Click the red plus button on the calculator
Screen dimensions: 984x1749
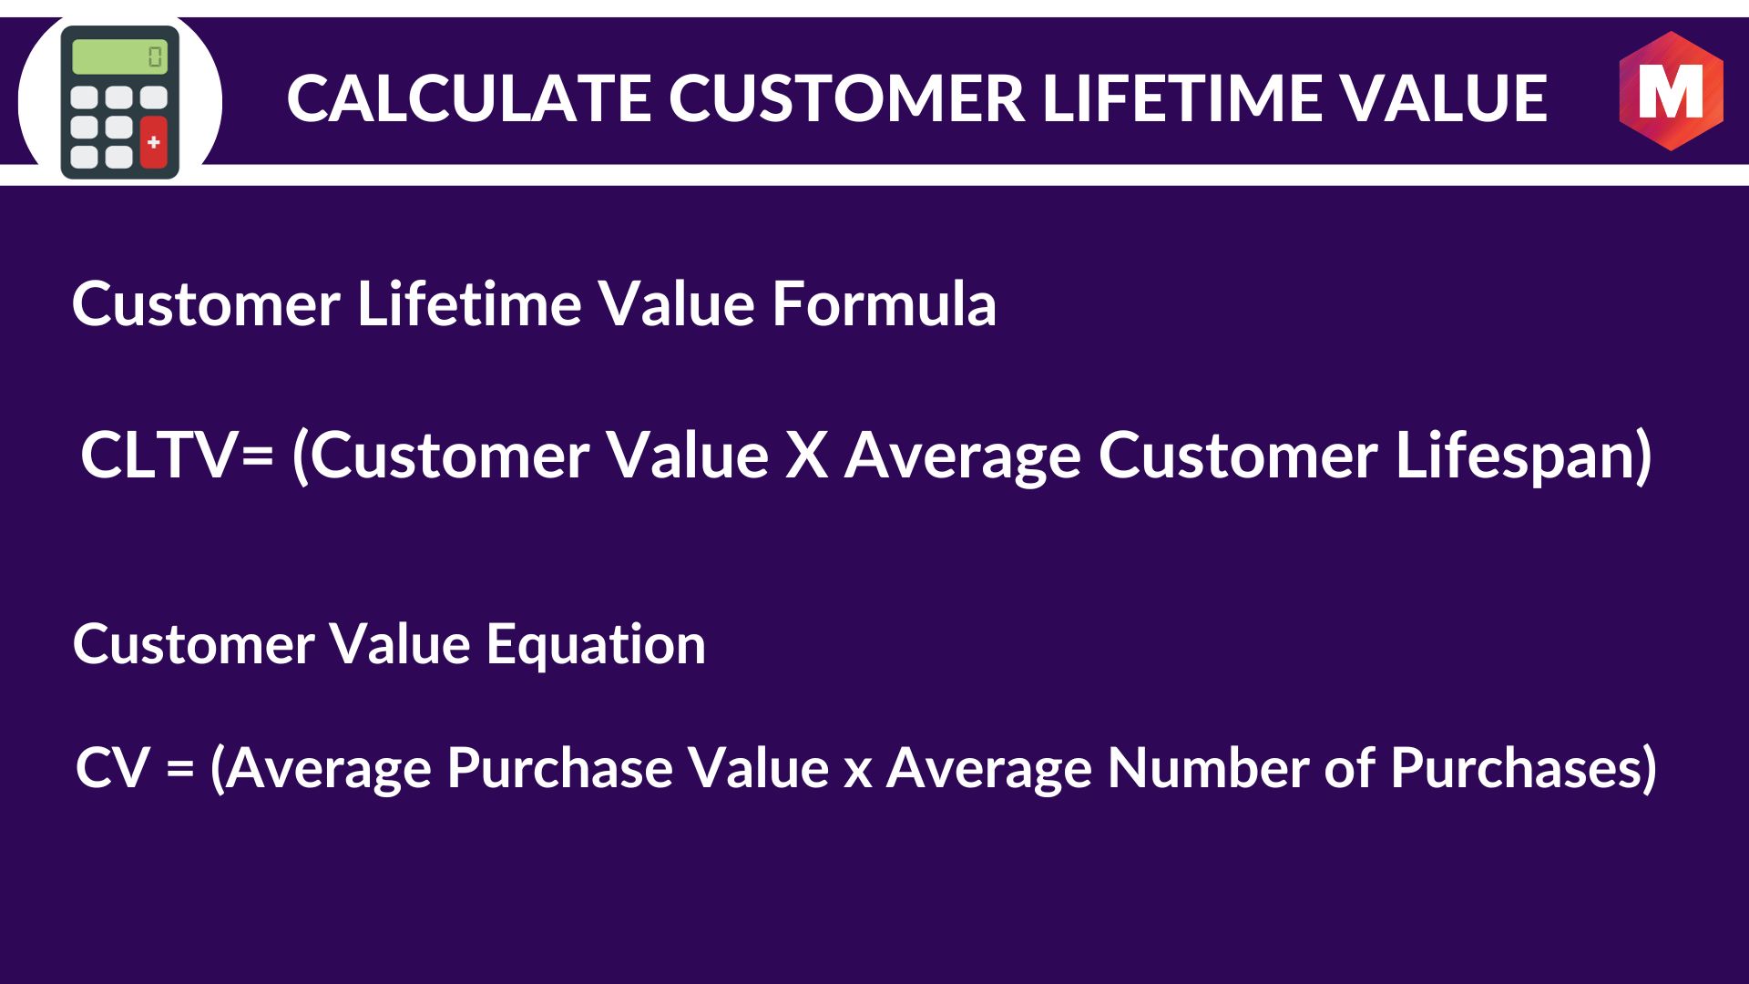(153, 142)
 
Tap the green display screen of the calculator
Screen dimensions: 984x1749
(118, 56)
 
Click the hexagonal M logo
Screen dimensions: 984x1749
(1671, 91)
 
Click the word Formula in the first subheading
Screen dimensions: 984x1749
(884, 303)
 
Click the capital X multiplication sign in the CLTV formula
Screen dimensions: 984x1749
(806, 455)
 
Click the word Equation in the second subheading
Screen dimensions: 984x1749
(596, 645)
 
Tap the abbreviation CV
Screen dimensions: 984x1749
(112, 768)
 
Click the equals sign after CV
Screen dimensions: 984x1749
(180, 768)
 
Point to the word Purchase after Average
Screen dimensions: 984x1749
(559, 768)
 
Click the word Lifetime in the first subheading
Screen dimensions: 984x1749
(468, 303)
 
